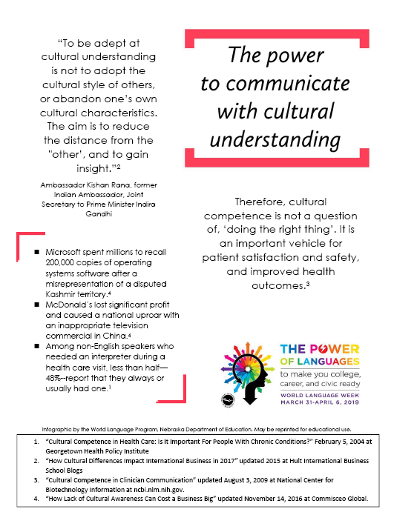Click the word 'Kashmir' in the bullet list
click(x=65, y=294)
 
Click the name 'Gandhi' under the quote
click(x=97, y=213)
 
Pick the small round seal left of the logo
click(x=226, y=400)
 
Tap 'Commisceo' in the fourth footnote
click(x=329, y=499)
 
